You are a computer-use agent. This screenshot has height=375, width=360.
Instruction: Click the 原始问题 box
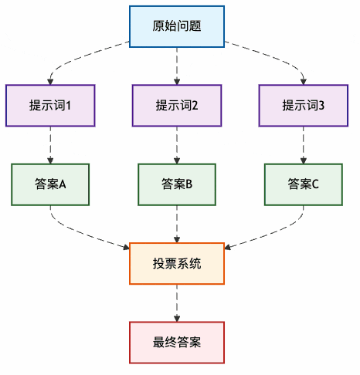(x=177, y=26)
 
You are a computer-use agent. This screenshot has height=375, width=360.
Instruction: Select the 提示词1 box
(x=50, y=106)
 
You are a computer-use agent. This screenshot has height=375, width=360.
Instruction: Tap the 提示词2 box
(x=177, y=106)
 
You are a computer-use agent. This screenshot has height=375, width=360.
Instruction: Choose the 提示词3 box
(x=304, y=106)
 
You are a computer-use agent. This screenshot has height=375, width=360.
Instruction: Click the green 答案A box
(x=50, y=184)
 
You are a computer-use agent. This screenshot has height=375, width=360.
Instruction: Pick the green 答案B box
(x=177, y=184)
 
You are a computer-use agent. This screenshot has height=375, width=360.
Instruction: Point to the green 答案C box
(x=304, y=184)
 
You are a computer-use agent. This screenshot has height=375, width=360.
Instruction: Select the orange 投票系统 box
(x=177, y=263)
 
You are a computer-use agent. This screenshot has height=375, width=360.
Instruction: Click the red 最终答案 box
(x=177, y=342)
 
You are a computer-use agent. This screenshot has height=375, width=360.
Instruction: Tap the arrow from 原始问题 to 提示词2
(x=177, y=66)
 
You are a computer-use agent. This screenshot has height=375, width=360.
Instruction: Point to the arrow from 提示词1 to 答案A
(x=50, y=145)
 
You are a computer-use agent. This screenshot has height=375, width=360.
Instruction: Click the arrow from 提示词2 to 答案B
(x=177, y=145)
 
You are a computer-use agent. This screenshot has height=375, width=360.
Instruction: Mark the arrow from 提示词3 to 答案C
(x=304, y=145)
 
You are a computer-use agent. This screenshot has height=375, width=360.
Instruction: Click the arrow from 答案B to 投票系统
(x=177, y=224)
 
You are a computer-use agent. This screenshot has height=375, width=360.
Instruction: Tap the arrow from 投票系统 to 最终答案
(x=177, y=302)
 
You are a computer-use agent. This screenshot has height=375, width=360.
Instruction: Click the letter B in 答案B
(x=188, y=184)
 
